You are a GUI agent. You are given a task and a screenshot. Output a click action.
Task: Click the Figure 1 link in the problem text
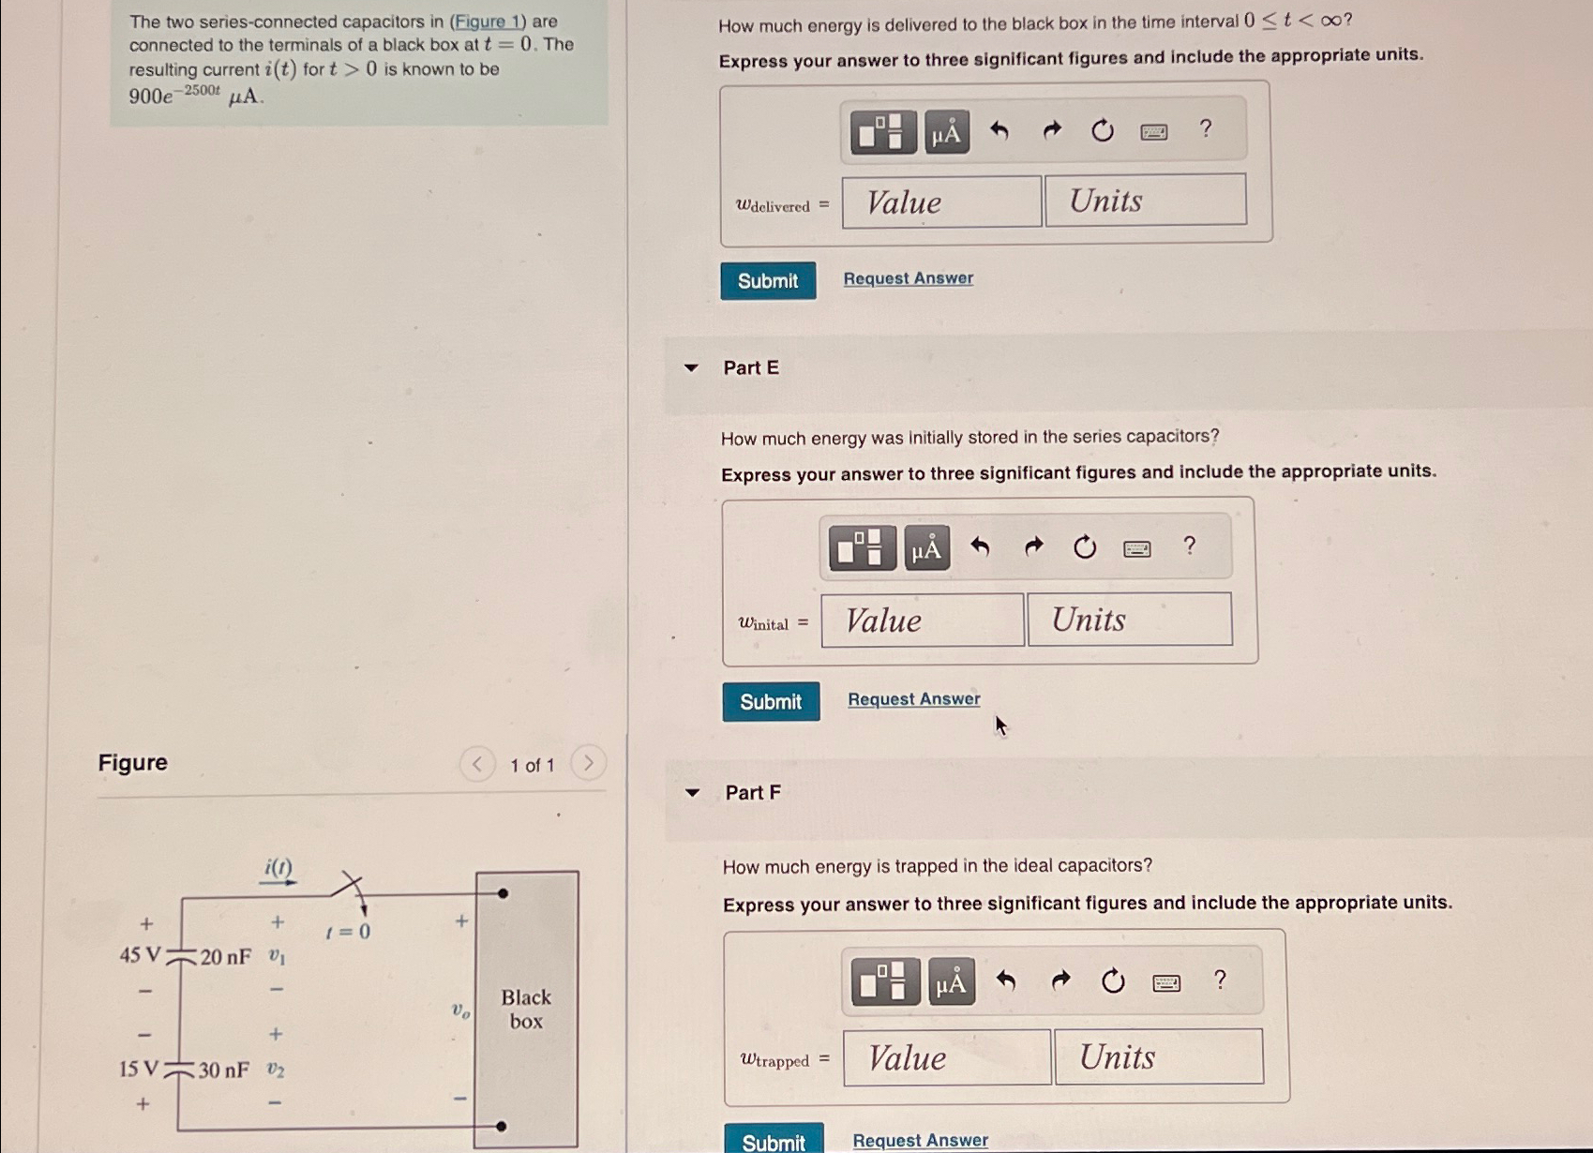click(487, 22)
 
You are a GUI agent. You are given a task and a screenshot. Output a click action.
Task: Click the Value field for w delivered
click(940, 202)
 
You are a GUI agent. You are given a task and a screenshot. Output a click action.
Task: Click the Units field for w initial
click(1129, 620)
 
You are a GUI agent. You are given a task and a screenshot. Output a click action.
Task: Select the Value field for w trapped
click(946, 1058)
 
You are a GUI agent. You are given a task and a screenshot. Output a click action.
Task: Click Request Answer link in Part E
click(913, 699)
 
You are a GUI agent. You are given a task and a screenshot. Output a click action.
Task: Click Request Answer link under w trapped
click(920, 1140)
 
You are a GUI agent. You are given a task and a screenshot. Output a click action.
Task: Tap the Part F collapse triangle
click(692, 793)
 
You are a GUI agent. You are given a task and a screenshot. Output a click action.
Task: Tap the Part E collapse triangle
click(691, 368)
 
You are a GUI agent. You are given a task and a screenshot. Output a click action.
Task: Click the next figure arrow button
click(588, 763)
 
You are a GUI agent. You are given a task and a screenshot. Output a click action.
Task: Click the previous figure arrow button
click(476, 764)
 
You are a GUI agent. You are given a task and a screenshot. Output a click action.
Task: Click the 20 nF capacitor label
click(225, 957)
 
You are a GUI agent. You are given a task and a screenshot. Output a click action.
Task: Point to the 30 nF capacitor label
click(223, 1070)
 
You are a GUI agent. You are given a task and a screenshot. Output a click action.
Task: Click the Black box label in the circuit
click(526, 1010)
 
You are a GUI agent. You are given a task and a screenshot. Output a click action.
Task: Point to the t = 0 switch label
click(348, 932)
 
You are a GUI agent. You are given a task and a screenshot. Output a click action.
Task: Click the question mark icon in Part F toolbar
click(1219, 981)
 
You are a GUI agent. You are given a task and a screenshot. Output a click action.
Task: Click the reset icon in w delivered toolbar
click(1103, 130)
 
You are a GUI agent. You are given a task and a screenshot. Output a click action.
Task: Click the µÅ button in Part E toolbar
click(926, 548)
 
